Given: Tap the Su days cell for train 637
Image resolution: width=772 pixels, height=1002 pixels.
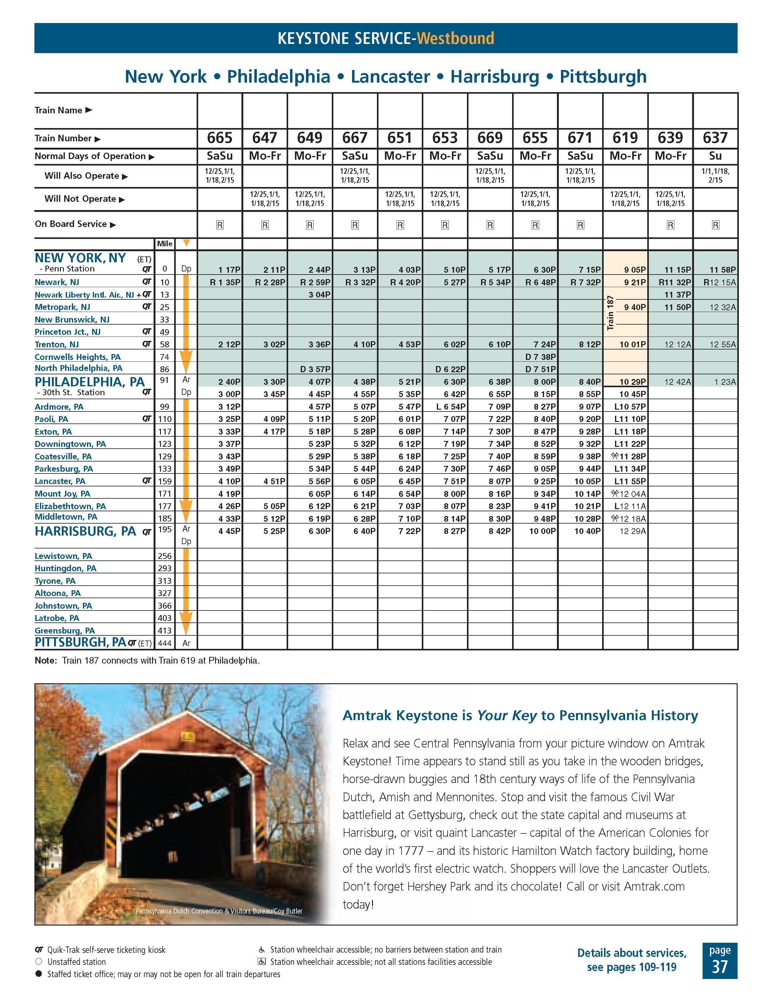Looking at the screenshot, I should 715,156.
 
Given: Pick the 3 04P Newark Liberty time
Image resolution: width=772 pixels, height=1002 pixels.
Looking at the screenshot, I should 319,294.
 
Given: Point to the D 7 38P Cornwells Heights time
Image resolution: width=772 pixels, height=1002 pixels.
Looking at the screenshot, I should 540,357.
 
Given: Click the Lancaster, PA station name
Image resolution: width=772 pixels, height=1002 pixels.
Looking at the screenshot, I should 60,481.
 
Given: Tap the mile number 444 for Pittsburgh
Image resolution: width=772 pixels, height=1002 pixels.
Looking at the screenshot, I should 164,643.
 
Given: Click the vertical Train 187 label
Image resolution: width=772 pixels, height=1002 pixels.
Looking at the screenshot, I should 610,313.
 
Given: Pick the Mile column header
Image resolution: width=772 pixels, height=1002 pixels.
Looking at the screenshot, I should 165,244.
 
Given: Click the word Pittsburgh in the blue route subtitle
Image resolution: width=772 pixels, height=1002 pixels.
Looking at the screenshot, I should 603,77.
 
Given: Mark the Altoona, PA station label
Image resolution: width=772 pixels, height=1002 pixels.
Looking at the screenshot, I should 57,593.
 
